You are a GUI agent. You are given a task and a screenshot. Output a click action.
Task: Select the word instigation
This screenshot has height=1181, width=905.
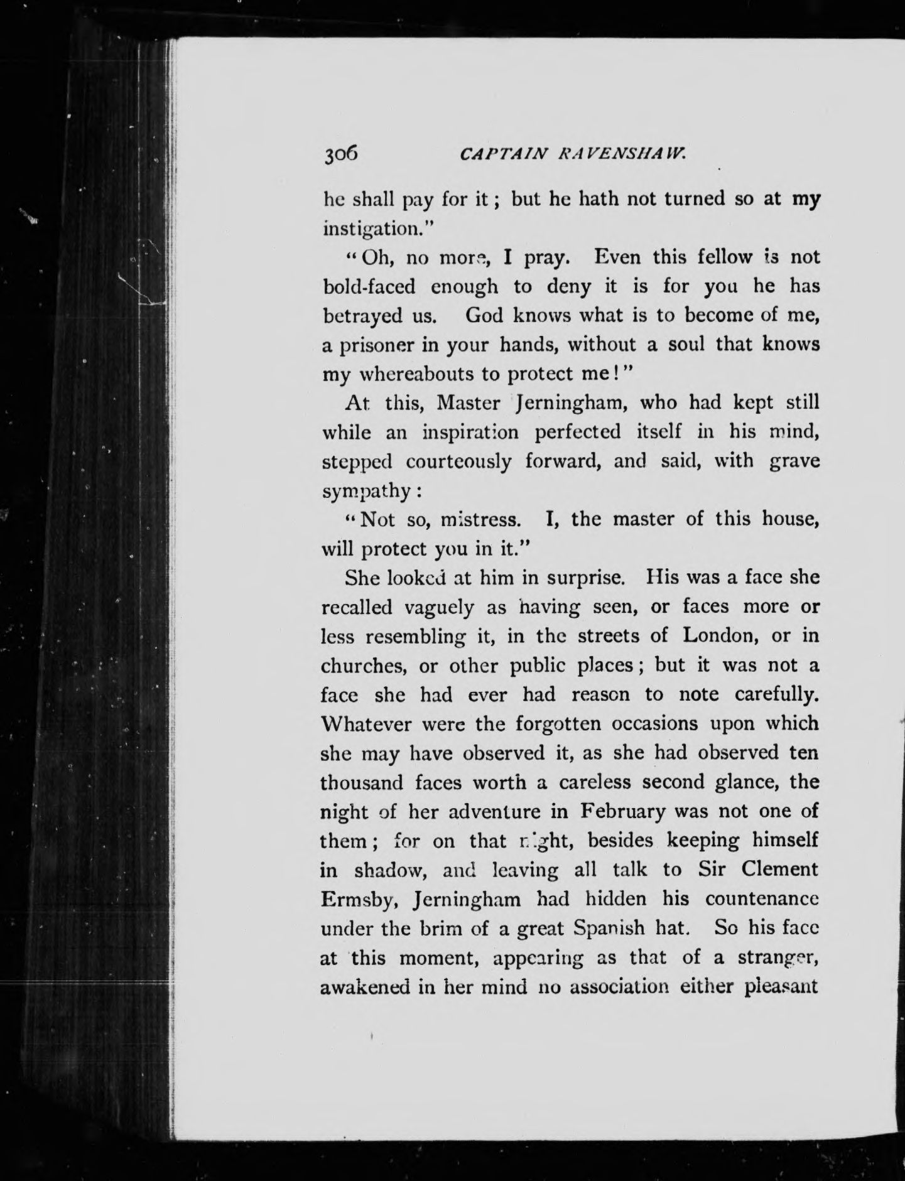(369, 229)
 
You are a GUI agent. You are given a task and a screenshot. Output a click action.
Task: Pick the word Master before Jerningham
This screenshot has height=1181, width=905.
(467, 402)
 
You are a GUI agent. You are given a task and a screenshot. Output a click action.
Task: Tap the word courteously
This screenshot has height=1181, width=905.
(458, 461)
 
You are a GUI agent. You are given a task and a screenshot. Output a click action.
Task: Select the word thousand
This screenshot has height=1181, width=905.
(362, 782)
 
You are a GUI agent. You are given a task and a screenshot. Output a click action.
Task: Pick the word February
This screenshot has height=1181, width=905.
(622, 812)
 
